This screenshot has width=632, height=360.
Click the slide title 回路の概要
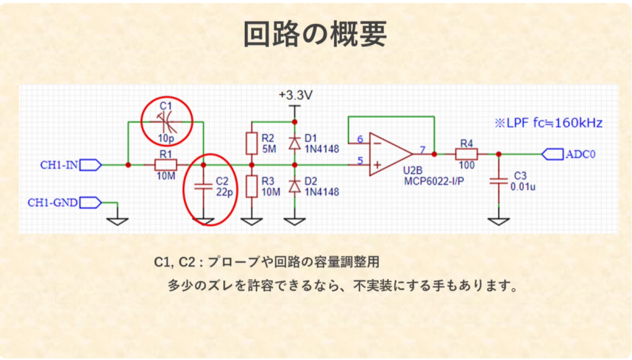pos(315,33)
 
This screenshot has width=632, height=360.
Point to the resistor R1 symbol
pos(165,165)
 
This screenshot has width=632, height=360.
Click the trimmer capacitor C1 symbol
pos(165,121)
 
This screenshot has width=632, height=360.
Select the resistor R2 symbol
pos(251,143)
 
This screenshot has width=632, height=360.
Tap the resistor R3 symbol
pos(251,186)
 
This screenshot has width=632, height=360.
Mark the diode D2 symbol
pos(294,186)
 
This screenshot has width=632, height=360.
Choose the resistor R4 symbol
pos(466,154)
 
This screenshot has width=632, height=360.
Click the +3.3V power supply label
pos(295,96)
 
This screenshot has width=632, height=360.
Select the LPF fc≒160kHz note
pos(548,122)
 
